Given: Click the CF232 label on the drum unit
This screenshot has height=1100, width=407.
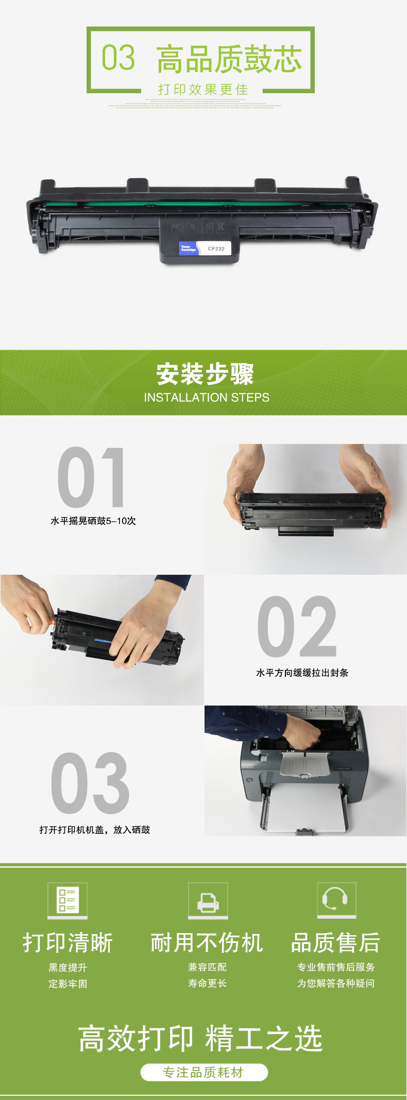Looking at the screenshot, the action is (216, 248).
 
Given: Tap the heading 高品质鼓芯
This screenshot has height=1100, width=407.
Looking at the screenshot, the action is (229, 59).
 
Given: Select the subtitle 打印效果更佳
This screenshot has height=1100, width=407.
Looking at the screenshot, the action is (203, 90).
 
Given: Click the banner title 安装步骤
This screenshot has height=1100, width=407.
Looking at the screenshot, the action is (205, 374).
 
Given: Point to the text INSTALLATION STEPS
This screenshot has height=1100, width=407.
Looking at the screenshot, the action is (207, 398).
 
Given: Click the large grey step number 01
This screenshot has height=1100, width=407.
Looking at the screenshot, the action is (92, 477).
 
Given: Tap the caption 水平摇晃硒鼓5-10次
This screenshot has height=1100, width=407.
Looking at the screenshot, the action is (93, 521).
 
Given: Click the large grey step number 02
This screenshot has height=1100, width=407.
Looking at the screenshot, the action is (297, 626).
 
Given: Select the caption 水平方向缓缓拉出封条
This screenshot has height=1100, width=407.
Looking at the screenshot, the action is (302, 673).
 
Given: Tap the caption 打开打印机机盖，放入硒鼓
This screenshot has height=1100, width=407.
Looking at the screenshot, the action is (95, 830).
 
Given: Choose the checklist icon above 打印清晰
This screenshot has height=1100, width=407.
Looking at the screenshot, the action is (67, 900).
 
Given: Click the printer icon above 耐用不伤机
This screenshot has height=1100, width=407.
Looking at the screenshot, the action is (208, 900).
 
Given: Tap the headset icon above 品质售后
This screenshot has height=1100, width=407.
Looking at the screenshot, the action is (336, 899).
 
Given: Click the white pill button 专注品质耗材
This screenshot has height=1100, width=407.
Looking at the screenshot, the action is (204, 1072).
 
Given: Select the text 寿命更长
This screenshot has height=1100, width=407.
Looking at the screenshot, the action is (207, 983).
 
